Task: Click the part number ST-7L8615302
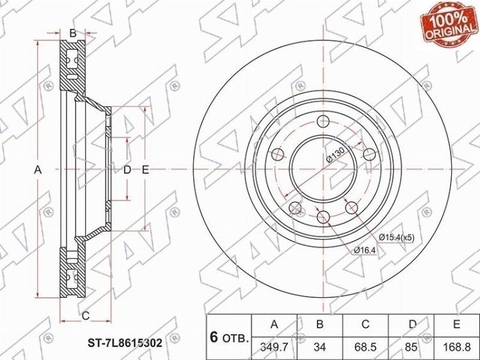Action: [x=125, y=343]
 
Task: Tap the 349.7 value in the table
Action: [x=275, y=347]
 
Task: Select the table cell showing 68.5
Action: [x=365, y=347]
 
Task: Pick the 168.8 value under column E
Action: [x=456, y=347]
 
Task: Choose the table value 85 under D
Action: [x=411, y=347]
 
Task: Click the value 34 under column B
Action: [x=320, y=347]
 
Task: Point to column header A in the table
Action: [x=275, y=324]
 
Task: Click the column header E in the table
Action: [x=456, y=324]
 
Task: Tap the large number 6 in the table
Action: [x=214, y=337]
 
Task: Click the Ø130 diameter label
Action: [x=336, y=155]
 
